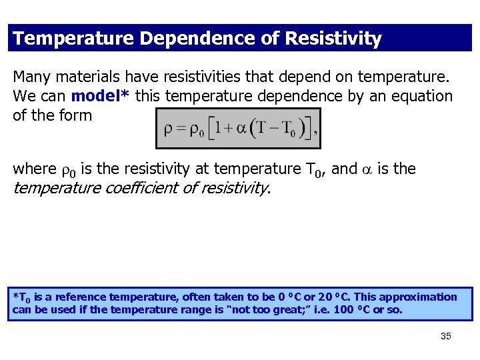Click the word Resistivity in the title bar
click(333, 39)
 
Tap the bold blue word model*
click(101, 96)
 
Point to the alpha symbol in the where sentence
click(367, 170)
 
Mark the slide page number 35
click(446, 336)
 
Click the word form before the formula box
click(76, 115)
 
